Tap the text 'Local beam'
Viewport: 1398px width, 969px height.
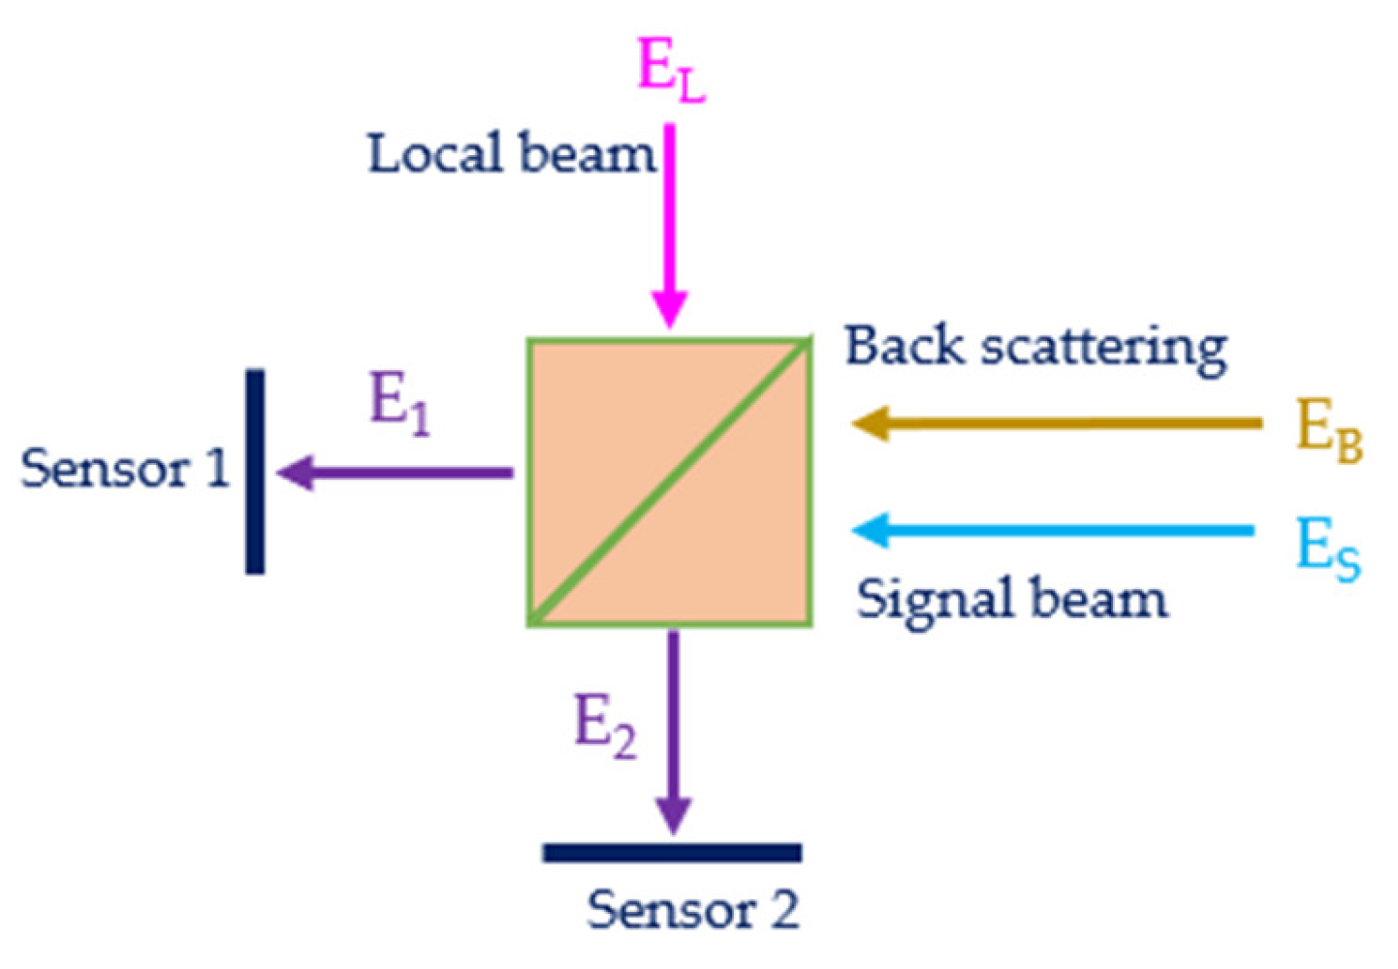pos(511,154)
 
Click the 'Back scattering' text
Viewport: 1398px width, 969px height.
pos(1035,347)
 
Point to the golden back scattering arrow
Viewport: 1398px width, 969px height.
pos(1057,423)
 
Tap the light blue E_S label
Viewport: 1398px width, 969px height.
pos(1328,547)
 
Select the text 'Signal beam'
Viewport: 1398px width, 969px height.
pos(1011,599)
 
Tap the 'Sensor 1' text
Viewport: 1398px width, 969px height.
pos(124,469)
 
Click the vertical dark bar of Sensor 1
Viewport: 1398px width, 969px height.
pos(254,472)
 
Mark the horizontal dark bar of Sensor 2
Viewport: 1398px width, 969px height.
pos(672,853)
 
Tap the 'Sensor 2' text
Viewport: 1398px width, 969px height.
pos(692,910)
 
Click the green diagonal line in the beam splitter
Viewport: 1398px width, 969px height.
pos(669,481)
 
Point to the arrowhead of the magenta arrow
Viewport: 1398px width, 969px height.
pos(669,309)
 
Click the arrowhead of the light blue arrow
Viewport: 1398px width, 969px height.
pos(871,530)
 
